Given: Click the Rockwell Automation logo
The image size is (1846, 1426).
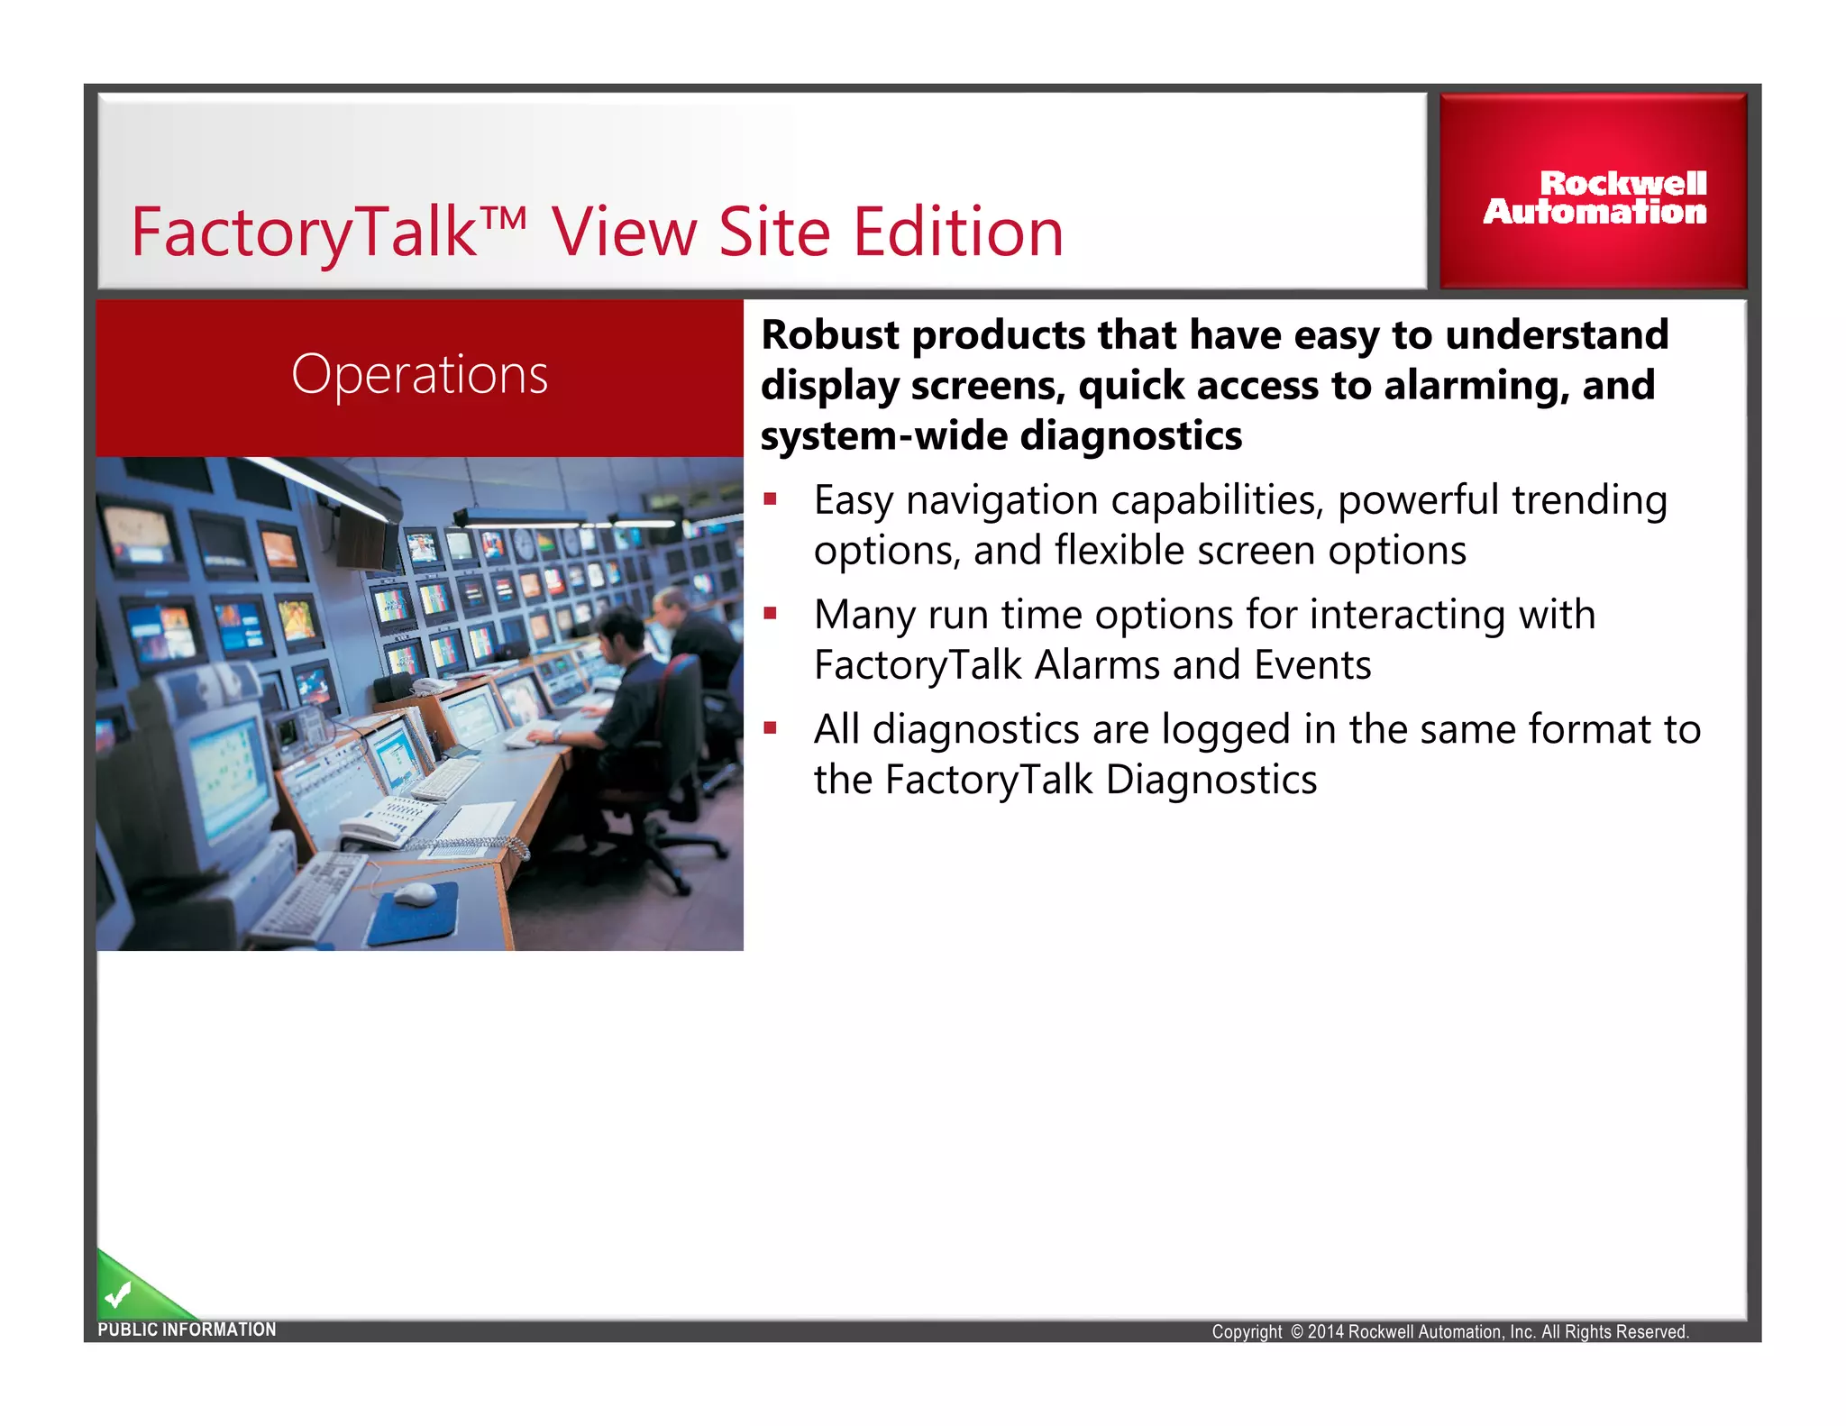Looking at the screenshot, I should coord(1595,197).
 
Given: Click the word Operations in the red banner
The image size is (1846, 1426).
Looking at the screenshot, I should coord(420,374).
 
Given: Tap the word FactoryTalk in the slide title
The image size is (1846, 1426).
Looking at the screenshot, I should coord(303,233).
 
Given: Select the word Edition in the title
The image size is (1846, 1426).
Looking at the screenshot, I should coord(958,233).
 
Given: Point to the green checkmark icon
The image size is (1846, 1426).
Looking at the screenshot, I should coord(118,1295).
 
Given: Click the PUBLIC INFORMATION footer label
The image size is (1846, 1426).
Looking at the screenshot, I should coord(187,1330).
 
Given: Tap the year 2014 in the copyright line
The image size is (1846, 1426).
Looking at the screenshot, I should coord(1325,1332).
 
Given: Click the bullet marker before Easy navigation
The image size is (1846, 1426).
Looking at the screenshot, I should coord(770,498).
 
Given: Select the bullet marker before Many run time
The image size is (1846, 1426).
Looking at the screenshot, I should coord(770,614).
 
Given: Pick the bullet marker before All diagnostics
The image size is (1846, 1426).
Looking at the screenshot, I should coord(770,727).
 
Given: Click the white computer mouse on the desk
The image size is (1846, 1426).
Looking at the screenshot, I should coord(416,894).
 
